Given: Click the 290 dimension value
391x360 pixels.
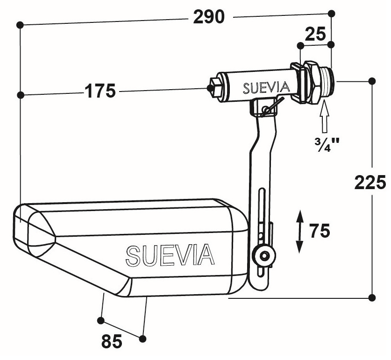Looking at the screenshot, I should (209, 17).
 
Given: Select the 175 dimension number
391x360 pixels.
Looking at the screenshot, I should (100, 91).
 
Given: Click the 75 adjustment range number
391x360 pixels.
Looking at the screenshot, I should (320, 230).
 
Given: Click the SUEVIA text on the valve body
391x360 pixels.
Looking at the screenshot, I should (266, 87).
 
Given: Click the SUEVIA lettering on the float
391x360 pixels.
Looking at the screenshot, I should (171, 254).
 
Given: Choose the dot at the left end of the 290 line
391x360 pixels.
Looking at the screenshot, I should (20, 24).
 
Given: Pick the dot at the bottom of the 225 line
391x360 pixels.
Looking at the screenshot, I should (372, 297).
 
